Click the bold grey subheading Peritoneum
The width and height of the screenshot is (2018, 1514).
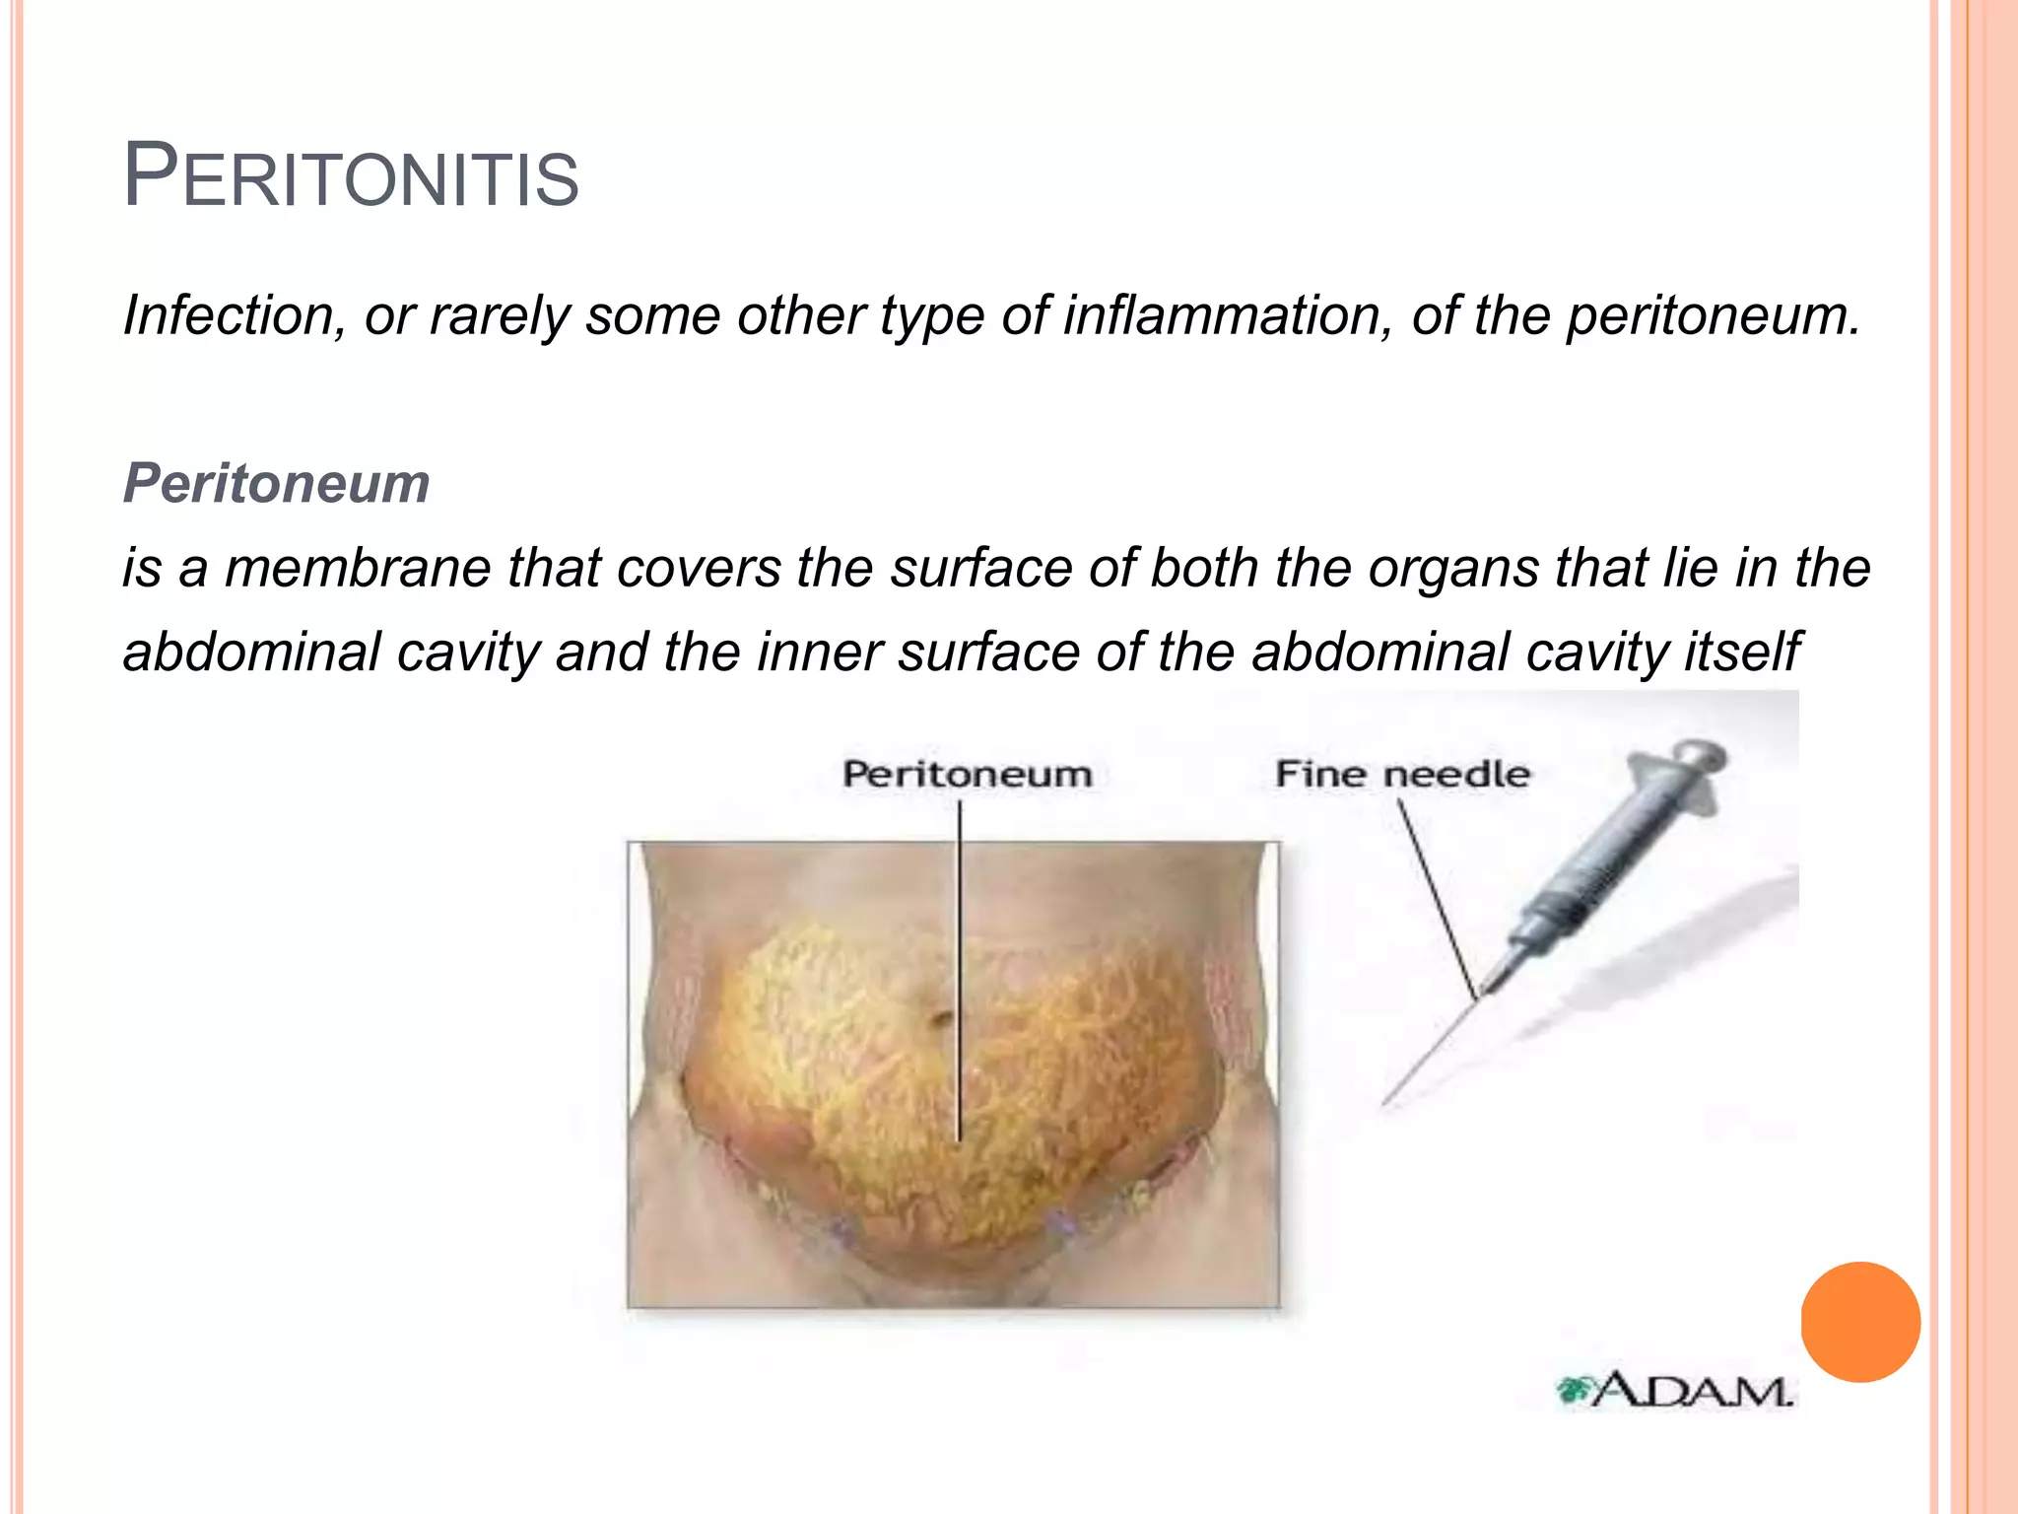tap(276, 483)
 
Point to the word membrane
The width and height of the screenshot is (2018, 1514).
tap(364, 569)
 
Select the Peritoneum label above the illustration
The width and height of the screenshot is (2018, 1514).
tap(967, 775)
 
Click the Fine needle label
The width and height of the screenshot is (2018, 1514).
tap(1402, 775)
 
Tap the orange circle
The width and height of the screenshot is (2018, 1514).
tap(1860, 1322)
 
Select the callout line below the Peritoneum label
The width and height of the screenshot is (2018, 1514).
tap(960, 966)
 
